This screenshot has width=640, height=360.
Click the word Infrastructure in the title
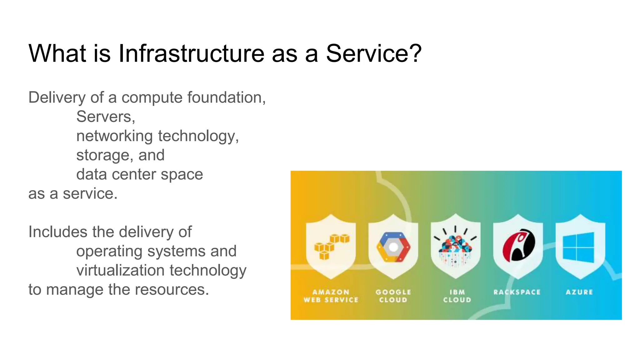tap(191, 53)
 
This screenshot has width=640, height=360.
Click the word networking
tap(114, 136)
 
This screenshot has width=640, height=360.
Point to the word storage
tap(102, 155)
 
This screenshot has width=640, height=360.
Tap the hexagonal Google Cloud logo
tap(393, 247)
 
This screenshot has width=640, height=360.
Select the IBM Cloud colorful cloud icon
tap(455, 247)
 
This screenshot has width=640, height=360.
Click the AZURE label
tap(579, 292)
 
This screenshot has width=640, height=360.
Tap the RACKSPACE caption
tap(517, 292)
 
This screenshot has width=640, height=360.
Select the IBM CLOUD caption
tap(457, 296)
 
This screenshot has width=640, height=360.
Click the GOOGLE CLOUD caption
tap(393, 296)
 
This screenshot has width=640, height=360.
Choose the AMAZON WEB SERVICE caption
tap(331, 296)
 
